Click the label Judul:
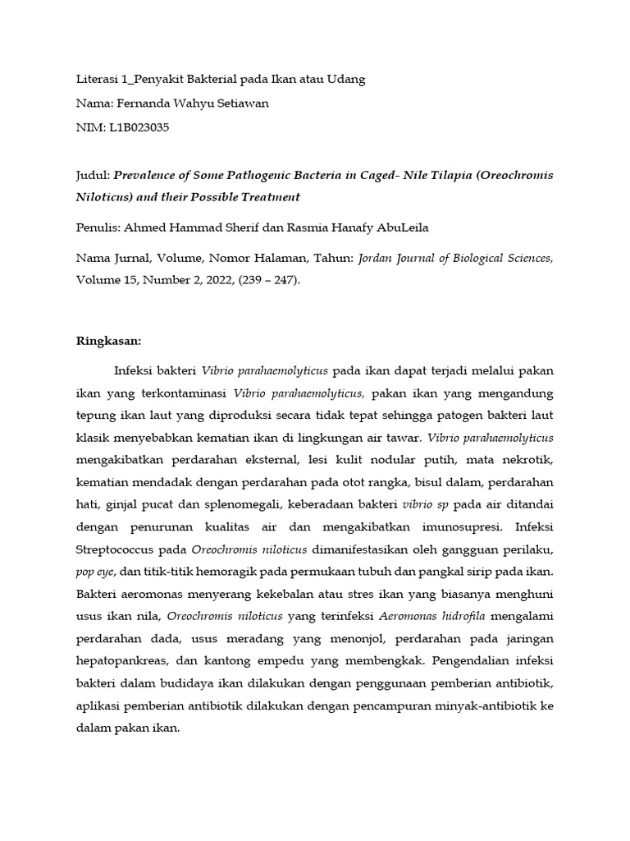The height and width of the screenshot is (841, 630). (93, 176)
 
